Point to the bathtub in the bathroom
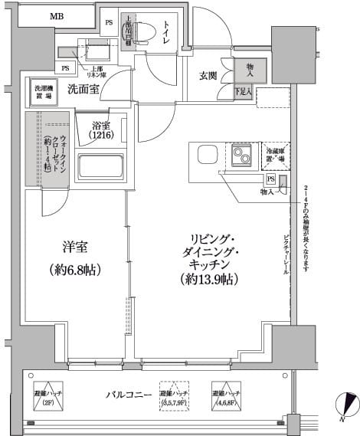pos(100,166)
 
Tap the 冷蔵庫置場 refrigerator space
pos(276,155)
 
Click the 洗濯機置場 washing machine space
pos(42,92)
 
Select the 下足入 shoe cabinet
pos(244,93)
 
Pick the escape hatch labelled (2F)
pos(47,396)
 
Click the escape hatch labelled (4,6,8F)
pos(227,396)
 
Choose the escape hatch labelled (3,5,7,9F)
pos(175,396)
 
